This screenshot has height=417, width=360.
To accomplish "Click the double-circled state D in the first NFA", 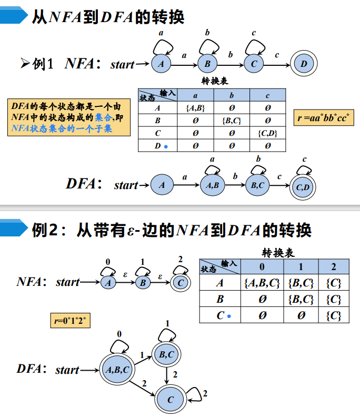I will tap(303, 64).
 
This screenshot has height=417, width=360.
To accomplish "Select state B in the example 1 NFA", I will tap(207, 64).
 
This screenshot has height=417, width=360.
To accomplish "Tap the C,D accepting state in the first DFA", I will tap(303, 186).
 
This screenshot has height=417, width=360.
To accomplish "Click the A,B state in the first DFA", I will tap(213, 185).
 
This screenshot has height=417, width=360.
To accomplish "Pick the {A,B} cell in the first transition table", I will tap(195, 108).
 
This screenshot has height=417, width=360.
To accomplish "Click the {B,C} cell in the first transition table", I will tap(232, 121).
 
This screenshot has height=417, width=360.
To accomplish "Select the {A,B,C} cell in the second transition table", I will tap(262, 283).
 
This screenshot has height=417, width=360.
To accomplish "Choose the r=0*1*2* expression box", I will tap(71, 320).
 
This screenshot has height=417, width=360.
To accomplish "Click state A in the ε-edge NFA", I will tap(109, 283).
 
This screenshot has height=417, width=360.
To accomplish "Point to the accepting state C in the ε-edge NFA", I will tap(181, 283).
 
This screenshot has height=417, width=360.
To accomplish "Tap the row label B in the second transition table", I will tap(220, 300).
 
